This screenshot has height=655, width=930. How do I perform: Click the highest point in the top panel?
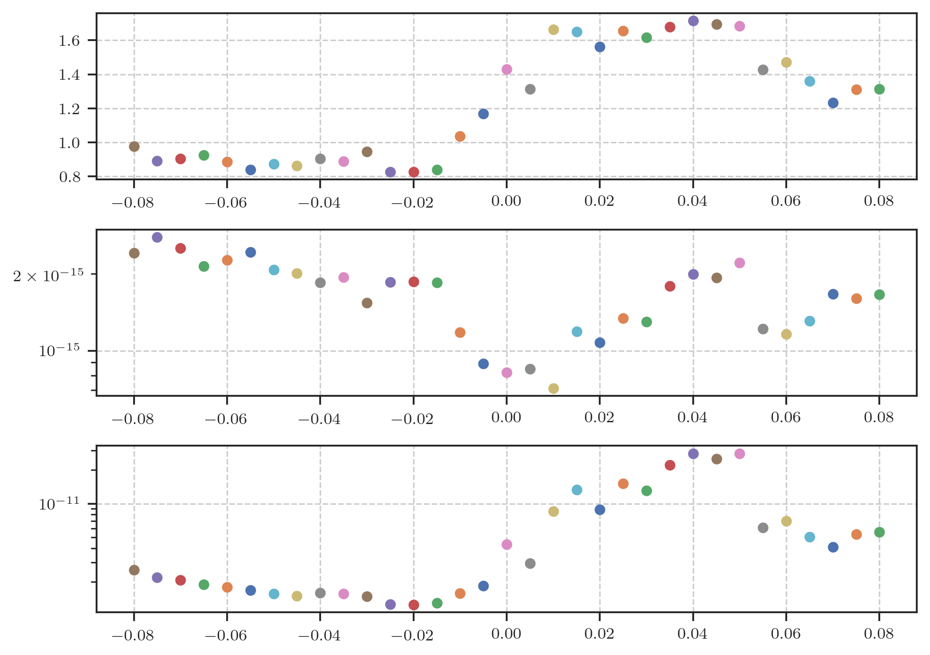pyautogui.click(x=693, y=21)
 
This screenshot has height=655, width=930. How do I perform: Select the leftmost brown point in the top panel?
pyautogui.click(x=134, y=146)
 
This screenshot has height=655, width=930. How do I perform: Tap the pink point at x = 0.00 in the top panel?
pyautogui.click(x=507, y=69)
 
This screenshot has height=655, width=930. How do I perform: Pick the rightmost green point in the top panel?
pyautogui.click(x=879, y=89)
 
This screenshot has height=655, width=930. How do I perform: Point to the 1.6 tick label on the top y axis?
pyautogui.click(x=69, y=41)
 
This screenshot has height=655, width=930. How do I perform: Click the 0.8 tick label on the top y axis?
pyautogui.click(x=69, y=177)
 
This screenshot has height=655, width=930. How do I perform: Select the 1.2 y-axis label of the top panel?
pyautogui.click(x=69, y=109)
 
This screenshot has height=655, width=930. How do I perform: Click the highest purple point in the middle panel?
pyautogui.click(x=157, y=237)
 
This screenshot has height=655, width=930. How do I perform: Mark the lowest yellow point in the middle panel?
pyautogui.click(x=553, y=388)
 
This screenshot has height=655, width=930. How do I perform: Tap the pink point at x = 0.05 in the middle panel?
pyautogui.click(x=740, y=263)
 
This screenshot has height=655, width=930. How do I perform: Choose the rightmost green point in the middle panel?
pyautogui.click(x=879, y=294)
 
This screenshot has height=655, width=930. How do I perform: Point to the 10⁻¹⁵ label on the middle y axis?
pyautogui.click(x=59, y=351)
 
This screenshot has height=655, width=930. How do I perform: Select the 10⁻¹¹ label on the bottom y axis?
pyautogui.click(x=59, y=504)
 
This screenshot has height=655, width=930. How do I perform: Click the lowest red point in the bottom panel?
pyautogui.click(x=414, y=605)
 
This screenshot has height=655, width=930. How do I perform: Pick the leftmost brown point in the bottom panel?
pyautogui.click(x=134, y=570)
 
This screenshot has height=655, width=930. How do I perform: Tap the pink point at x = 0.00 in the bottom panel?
pyautogui.click(x=507, y=544)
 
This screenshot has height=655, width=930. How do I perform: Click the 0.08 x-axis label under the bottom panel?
pyautogui.click(x=879, y=633)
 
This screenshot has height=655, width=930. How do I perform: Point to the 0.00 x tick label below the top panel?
pyautogui.click(x=506, y=201)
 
